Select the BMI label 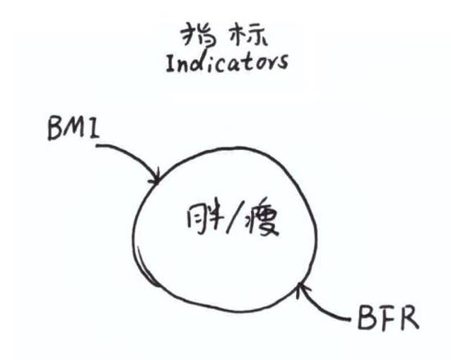[x=73, y=129]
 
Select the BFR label [x=389, y=318]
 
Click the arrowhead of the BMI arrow [x=155, y=178]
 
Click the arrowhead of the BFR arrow [x=302, y=289]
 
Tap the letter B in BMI [x=56, y=129]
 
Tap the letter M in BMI [x=76, y=128]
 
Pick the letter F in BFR [x=386, y=318]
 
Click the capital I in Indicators [x=171, y=64]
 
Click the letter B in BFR [x=367, y=319]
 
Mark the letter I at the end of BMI [x=94, y=129]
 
